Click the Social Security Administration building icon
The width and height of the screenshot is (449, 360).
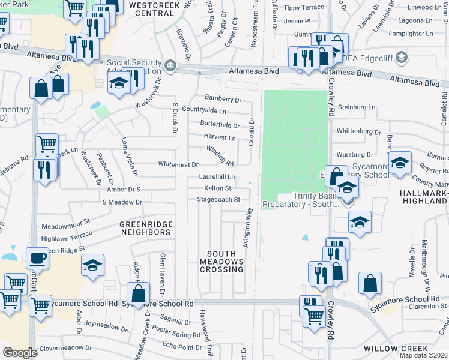(170, 65)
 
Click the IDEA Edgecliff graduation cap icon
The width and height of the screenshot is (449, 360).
(402, 58)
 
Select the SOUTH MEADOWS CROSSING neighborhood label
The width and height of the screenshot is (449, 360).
(222, 265)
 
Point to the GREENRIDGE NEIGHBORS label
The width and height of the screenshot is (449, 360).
(145, 228)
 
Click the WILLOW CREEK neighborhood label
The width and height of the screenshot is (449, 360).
(396, 349)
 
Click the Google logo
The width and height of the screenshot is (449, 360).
(20, 353)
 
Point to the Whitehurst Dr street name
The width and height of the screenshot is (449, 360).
(178, 164)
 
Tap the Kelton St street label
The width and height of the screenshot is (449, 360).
(218, 188)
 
